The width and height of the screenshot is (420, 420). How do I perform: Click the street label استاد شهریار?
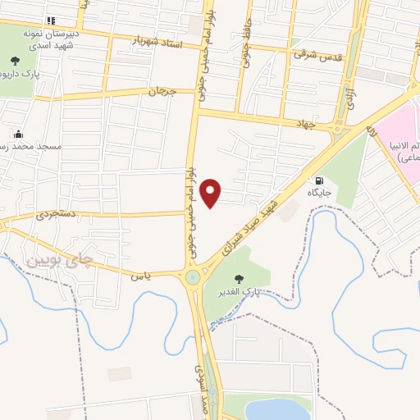pos(153,39)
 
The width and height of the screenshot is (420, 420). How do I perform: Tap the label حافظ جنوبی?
pos(243,50)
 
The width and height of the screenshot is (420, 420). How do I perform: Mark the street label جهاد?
pos(305,123)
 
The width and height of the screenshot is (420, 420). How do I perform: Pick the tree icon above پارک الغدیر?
pos(240,280)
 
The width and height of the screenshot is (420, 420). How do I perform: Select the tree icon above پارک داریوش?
pos(15,59)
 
